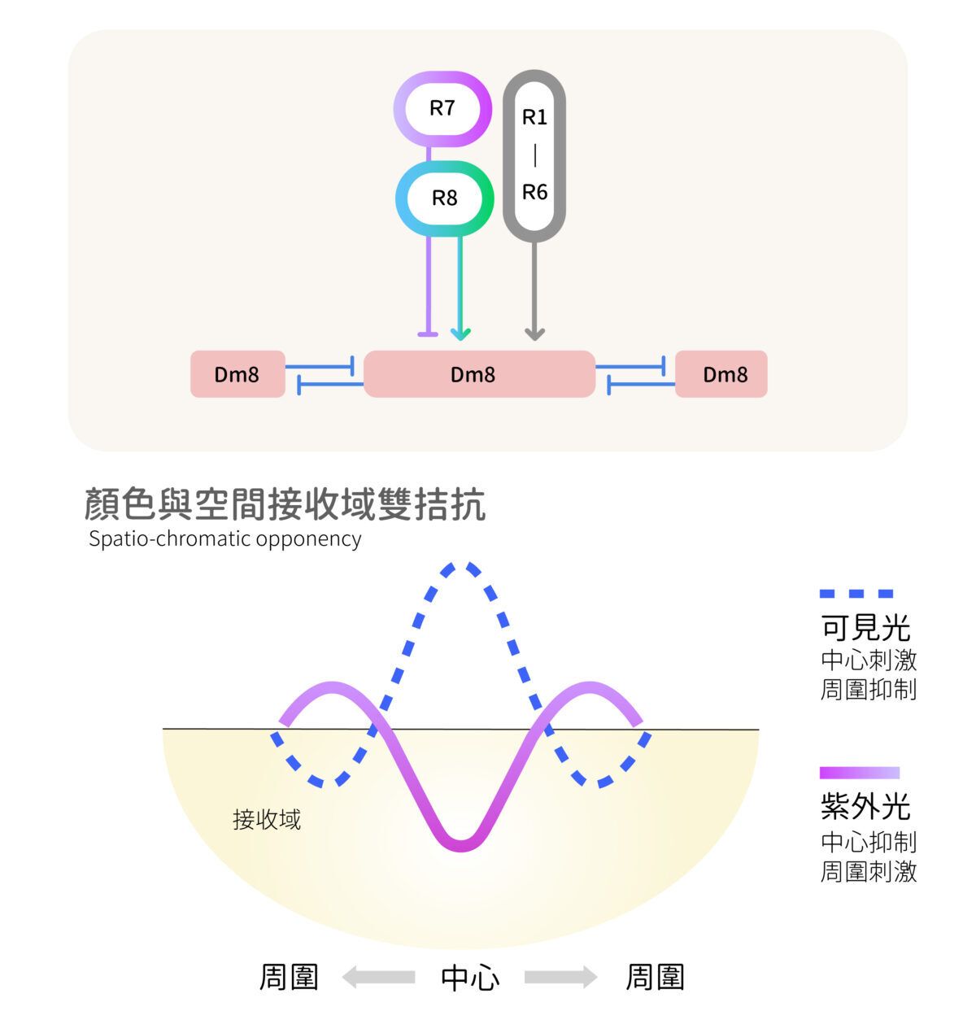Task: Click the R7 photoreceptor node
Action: (442, 109)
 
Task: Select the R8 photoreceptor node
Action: (444, 198)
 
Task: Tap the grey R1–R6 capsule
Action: (534, 155)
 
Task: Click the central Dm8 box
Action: (479, 374)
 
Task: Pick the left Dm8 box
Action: (237, 374)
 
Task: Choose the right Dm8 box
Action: (721, 374)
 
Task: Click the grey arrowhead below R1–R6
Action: (534, 334)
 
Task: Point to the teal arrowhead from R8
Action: (460, 334)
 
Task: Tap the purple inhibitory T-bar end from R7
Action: (428, 334)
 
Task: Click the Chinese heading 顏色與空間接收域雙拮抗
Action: (285, 504)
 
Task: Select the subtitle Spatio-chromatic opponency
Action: (224, 538)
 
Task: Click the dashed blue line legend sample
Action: (856, 594)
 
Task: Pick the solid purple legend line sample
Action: (860, 773)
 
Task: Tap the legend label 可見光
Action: (865, 628)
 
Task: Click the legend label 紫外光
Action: (865, 807)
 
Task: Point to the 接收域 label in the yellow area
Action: (267, 820)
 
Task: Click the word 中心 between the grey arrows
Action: (470, 978)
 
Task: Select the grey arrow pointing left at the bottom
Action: (378, 977)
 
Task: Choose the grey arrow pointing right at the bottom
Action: (561, 977)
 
